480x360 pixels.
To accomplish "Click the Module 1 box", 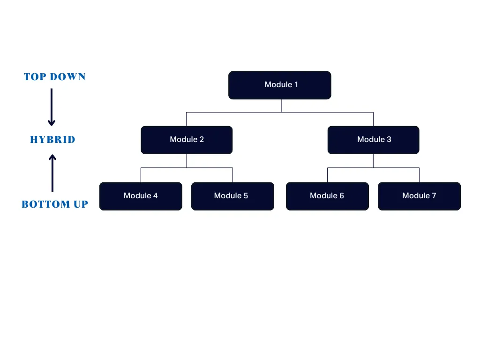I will tap(279, 85).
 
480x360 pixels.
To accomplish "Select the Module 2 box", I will tap(187, 140).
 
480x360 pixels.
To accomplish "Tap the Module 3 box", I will tap(373, 140).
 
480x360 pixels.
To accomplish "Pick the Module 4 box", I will tap(141, 196).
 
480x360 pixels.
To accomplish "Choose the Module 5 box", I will tap(232, 196).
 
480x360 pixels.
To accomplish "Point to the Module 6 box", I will tap(327, 196).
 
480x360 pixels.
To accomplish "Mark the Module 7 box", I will tap(419, 196).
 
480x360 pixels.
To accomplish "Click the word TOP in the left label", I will tap(35, 77).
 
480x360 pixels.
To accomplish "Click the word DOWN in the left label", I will tap(68, 77).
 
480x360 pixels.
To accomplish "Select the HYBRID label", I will tap(52, 140).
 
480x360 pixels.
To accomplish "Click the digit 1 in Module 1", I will tap(296, 85).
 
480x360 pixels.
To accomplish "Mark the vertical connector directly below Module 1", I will tap(282, 106).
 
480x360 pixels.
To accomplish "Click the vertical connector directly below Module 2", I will tap(187, 161).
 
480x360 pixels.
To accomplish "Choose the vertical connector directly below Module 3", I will tap(373, 161).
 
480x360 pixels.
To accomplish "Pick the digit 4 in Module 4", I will tap(155, 195).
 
